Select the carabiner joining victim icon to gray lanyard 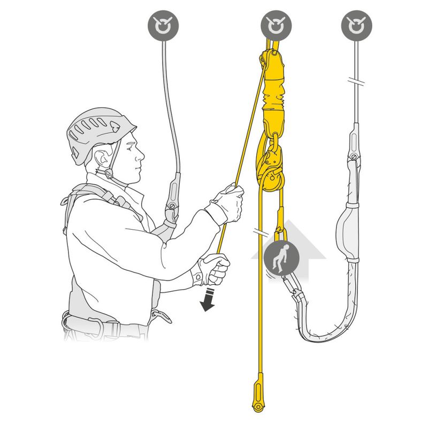coord(295,292)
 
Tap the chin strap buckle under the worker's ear coord(109,174)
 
